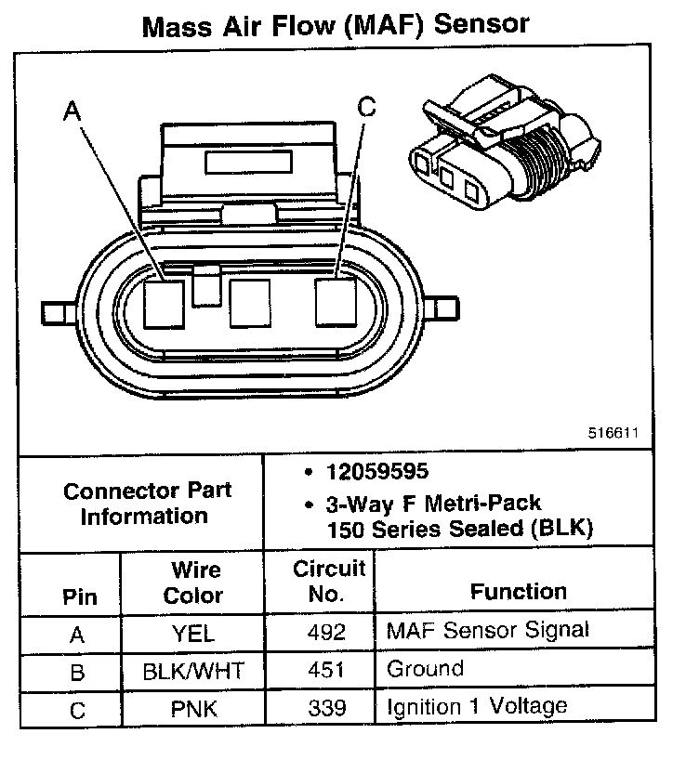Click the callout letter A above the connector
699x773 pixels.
click(x=72, y=112)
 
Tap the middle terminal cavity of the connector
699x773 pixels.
click(x=248, y=303)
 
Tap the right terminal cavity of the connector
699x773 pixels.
click(x=336, y=303)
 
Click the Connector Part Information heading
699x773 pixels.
click(x=147, y=503)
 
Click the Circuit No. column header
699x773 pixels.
click(x=329, y=582)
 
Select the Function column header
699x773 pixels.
click(x=518, y=592)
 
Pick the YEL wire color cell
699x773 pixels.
click(x=193, y=634)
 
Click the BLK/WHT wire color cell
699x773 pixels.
click(x=193, y=671)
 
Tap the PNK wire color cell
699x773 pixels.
click(x=193, y=709)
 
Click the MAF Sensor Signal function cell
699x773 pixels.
click(x=487, y=631)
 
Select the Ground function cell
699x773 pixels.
click(x=424, y=669)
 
